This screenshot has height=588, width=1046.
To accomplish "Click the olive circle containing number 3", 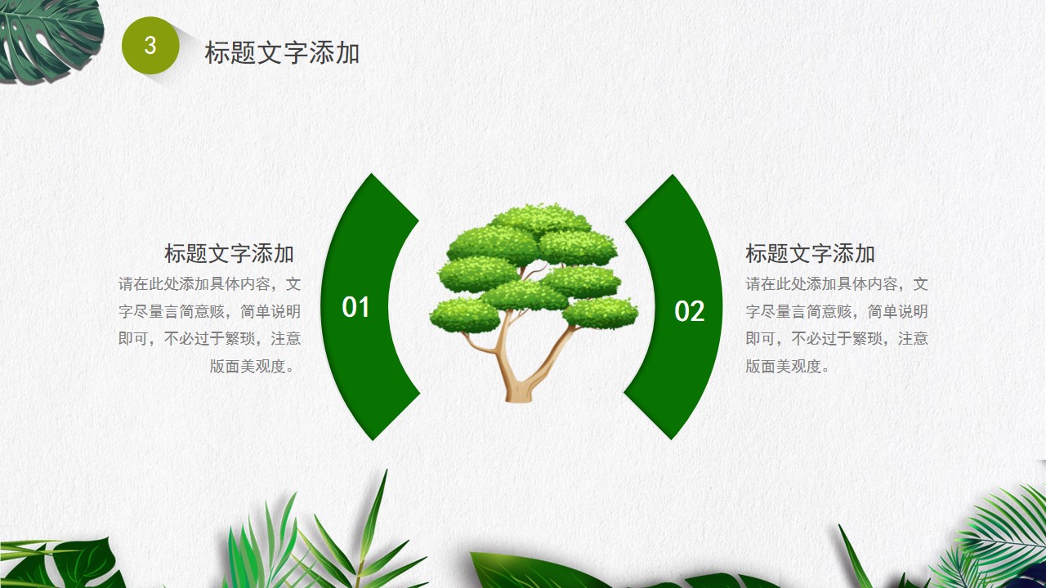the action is [x=150, y=45].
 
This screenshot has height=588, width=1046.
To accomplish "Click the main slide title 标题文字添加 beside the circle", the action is [x=282, y=52].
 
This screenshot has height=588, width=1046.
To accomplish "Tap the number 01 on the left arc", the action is [x=355, y=307].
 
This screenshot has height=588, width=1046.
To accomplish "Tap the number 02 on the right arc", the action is [x=689, y=311].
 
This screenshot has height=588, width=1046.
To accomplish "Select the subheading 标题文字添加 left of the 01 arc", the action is [x=229, y=253].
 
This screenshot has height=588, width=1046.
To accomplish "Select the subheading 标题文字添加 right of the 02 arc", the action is [x=810, y=253].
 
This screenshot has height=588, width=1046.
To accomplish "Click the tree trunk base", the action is [x=519, y=394].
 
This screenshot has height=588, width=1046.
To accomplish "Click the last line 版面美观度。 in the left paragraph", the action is [x=253, y=367].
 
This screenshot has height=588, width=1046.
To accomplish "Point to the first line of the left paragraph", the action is [x=210, y=283].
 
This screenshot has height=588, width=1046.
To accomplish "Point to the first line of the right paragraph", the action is [x=837, y=283].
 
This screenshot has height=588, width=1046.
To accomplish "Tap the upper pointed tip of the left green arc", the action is [x=372, y=175].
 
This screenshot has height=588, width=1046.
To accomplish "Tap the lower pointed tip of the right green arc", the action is [x=672, y=439].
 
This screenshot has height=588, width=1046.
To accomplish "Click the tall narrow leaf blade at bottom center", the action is [x=373, y=518].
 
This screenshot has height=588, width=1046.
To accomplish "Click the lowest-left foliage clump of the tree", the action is [x=465, y=316].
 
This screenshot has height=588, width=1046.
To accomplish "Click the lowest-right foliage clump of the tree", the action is [x=600, y=313].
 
